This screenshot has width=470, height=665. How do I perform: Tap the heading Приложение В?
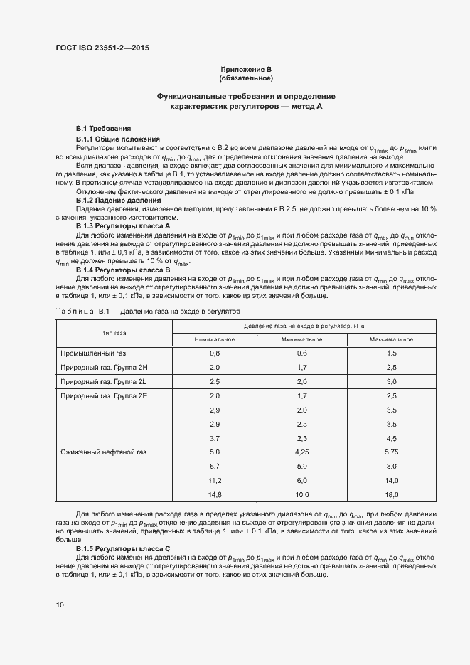click(x=246, y=69)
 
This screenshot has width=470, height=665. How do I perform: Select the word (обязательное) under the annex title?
click(x=246, y=78)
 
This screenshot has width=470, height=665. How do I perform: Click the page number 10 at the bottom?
click(x=60, y=605)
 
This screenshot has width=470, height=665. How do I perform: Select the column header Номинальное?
click(x=215, y=339)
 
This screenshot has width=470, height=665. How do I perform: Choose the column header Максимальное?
click(x=391, y=339)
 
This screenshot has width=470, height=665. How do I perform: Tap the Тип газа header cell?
click(x=114, y=332)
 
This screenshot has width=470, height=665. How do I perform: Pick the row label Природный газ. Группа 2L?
click(x=104, y=381)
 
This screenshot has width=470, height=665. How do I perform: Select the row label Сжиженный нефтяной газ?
click(x=105, y=452)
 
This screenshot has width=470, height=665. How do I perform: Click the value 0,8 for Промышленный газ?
click(x=215, y=353)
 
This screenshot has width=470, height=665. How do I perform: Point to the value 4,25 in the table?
click(x=302, y=452)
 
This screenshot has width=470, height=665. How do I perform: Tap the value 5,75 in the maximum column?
click(x=391, y=452)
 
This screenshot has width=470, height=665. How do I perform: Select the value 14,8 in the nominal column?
click(x=215, y=494)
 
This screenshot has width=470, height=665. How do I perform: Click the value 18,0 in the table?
click(x=391, y=494)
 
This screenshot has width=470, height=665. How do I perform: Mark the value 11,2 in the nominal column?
click(x=215, y=480)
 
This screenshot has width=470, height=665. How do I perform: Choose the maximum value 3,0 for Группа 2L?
click(x=391, y=381)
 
